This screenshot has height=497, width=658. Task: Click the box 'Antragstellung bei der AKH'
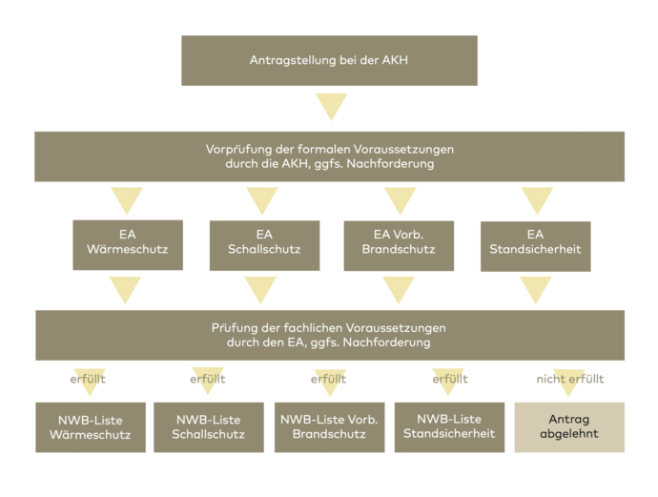(x=329, y=61)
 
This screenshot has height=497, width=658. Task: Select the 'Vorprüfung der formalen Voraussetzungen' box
(x=329, y=156)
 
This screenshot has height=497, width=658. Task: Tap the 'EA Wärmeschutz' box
(x=128, y=244)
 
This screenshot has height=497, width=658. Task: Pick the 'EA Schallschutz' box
(x=264, y=244)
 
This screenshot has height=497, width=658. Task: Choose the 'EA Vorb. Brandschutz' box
(x=399, y=244)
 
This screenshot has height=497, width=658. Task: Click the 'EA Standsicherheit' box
(x=535, y=245)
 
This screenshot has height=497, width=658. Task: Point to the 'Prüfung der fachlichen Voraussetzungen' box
(x=329, y=335)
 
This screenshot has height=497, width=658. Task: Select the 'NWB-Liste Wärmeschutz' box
(x=91, y=426)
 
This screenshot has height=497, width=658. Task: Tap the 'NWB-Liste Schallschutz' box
(x=209, y=426)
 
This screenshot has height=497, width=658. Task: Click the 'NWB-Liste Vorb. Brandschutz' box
(x=328, y=426)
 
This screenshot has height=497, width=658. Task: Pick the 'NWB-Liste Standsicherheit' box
(x=449, y=426)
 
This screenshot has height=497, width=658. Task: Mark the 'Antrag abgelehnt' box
(x=569, y=426)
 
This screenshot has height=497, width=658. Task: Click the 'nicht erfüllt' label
(x=569, y=379)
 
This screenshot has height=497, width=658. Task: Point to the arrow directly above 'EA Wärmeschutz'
(x=127, y=200)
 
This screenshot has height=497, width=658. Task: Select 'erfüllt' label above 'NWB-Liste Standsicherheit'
(x=450, y=379)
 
